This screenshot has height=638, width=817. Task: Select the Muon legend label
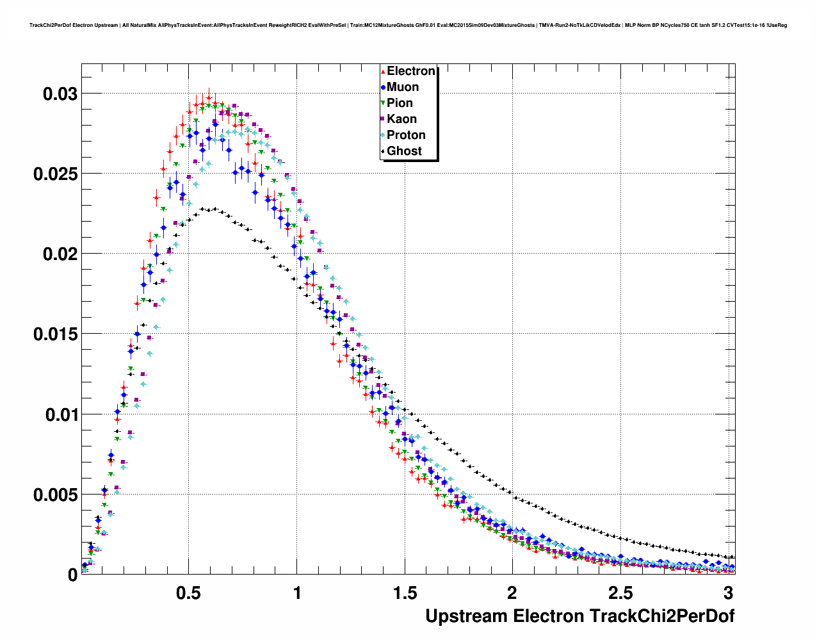[403, 87]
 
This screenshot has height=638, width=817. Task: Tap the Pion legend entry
[400, 103]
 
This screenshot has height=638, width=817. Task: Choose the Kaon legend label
[401, 119]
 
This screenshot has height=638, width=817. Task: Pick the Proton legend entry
[406, 135]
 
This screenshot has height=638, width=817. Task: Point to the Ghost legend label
[404, 151]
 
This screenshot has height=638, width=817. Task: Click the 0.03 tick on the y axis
[60, 94]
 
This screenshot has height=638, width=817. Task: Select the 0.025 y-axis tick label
[55, 174]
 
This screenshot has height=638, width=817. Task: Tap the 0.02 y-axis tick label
[60, 254]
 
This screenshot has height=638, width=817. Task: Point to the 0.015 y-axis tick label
[55, 334]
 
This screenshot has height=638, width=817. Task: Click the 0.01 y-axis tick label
[60, 415]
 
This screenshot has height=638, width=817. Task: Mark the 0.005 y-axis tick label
[55, 495]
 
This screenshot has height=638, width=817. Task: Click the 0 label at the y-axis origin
[72, 575]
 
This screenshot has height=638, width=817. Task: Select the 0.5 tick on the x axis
[188, 593]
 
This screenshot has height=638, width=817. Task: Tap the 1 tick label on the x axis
[297, 593]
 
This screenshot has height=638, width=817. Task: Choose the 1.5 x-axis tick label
[405, 593]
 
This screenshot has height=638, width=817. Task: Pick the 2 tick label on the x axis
[512, 593]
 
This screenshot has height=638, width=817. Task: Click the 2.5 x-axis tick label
[620, 593]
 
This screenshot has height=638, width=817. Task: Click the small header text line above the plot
[408, 26]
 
